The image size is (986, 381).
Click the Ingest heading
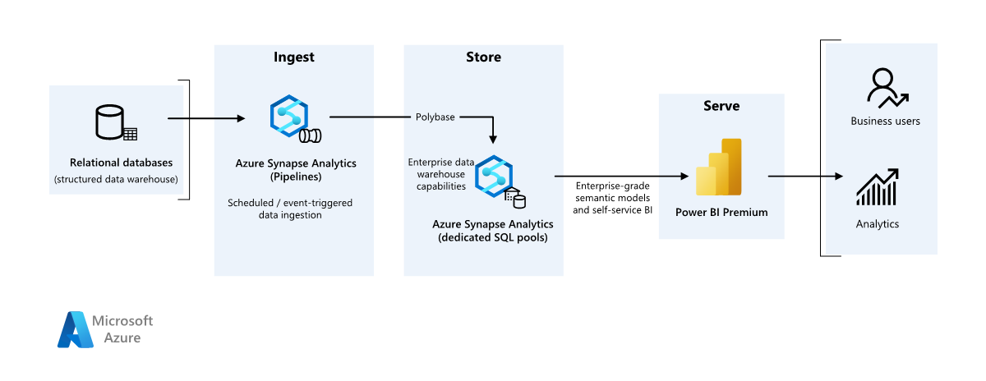(293, 57)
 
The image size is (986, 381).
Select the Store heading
(483, 57)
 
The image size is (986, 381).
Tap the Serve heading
(721, 106)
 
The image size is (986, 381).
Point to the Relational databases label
(115, 163)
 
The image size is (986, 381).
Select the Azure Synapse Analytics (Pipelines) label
(295, 169)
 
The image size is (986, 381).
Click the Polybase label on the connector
(435, 117)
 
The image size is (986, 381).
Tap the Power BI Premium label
(721, 212)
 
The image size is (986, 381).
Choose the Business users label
(885, 122)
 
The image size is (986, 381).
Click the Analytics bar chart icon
(877, 188)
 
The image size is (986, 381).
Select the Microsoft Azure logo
(105, 329)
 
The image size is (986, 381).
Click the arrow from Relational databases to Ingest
(205, 119)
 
